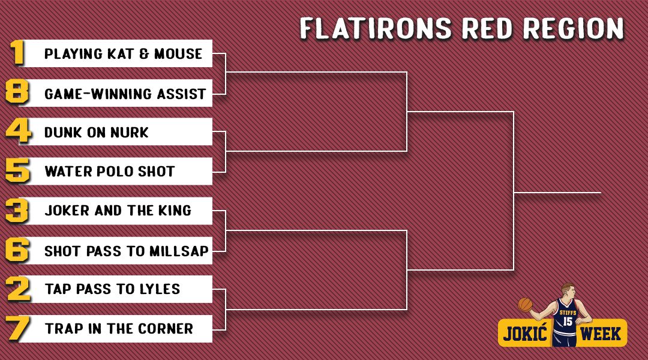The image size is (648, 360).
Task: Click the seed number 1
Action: (x=17, y=52)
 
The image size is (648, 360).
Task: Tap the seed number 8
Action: (x=17, y=91)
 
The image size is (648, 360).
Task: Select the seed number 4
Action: (x=19, y=131)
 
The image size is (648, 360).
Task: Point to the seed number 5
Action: (x=18, y=170)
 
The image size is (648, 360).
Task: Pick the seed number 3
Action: (x=17, y=211)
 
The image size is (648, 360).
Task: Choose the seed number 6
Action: (x=17, y=250)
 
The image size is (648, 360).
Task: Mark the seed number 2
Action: (x=19, y=289)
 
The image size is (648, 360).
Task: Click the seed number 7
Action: (x=18, y=329)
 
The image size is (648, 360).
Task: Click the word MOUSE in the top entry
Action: (x=178, y=54)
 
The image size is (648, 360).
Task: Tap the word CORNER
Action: (x=166, y=329)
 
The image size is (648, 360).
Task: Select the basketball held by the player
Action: (x=525, y=305)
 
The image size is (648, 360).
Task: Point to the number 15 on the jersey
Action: (x=568, y=321)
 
